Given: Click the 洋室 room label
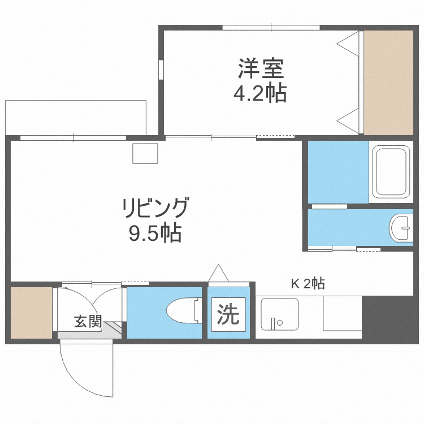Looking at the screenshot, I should tap(260, 70).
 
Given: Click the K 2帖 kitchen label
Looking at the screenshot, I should tap(308, 284).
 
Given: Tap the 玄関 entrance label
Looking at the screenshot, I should tap(88, 322).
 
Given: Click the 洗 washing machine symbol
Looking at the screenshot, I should tap(228, 315).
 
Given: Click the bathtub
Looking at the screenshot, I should tap(391, 172).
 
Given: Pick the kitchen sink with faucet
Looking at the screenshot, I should tap(279, 315).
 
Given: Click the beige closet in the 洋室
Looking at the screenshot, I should tap(388, 82).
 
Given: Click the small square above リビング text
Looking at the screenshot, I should tap(145, 153).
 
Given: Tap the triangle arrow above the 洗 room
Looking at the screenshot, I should tap(218, 274).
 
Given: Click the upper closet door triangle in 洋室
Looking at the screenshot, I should tap(351, 44).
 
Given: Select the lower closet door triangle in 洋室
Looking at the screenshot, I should tap(351, 120).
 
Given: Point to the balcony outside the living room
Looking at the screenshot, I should tap(76, 118).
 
